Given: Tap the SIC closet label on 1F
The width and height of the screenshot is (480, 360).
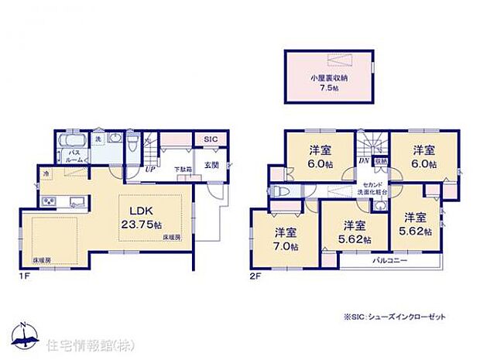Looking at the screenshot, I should [210, 140].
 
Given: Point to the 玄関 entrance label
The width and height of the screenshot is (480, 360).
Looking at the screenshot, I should [211, 165].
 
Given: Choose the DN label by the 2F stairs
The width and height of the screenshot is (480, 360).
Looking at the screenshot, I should [363, 160].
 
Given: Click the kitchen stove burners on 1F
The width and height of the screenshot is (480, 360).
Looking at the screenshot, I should [49, 204].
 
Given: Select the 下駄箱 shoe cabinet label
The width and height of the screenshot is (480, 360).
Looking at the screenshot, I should [182, 168].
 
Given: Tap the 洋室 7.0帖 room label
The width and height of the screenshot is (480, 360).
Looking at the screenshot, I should [284, 238].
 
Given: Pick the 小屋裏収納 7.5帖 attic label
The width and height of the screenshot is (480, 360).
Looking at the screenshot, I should [328, 81].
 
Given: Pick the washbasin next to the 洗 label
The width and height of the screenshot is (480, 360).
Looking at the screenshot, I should [114, 139].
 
